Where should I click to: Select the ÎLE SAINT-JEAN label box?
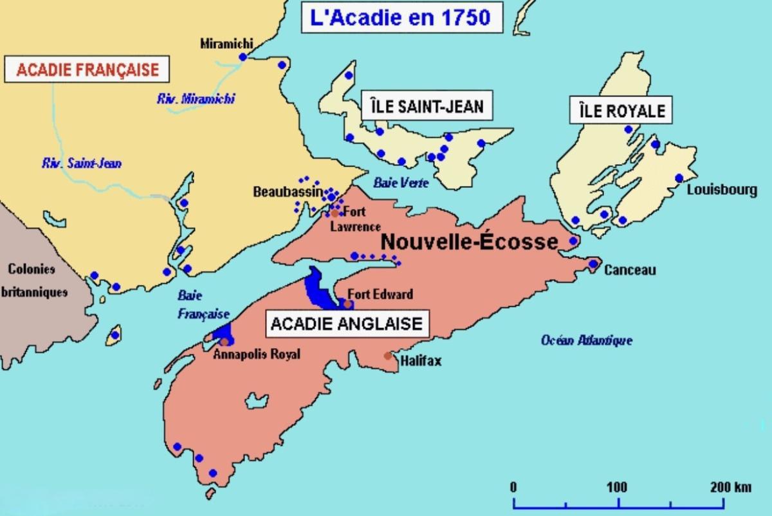(x=427, y=106)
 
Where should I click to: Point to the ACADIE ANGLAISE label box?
(x=347, y=323)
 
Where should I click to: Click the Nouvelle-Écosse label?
(x=469, y=242)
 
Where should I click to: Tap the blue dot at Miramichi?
(x=243, y=57)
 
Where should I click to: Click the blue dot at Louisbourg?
(x=679, y=178)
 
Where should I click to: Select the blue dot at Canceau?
(x=593, y=264)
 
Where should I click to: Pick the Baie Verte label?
(x=401, y=183)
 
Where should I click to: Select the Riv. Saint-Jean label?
(x=82, y=163)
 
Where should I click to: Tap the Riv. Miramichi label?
(x=196, y=99)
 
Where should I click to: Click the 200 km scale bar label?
(x=730, y=487)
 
